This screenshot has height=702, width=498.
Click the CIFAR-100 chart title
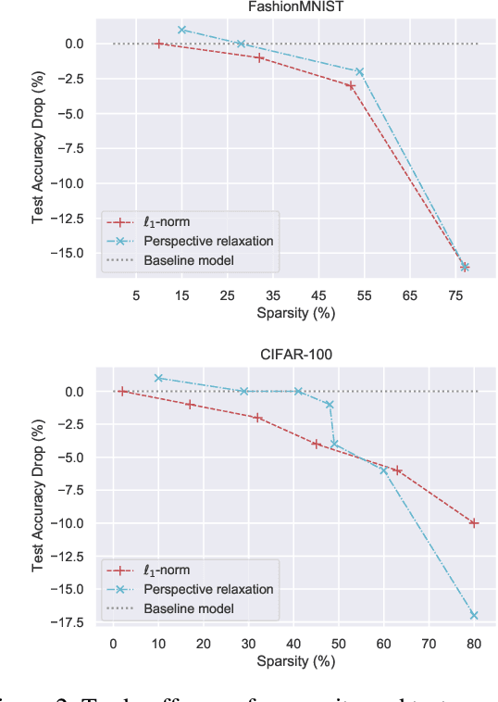296,355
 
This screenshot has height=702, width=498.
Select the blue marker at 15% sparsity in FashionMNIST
182,30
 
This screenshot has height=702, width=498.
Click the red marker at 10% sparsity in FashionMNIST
159,44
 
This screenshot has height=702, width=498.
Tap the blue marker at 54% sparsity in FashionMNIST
360,71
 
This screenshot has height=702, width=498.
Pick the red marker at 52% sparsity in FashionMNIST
351,85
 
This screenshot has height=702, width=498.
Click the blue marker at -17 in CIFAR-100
474,615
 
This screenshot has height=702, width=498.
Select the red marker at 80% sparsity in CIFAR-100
474,523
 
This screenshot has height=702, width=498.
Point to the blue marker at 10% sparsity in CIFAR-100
158,378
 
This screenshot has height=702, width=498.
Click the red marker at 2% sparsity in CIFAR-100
122,392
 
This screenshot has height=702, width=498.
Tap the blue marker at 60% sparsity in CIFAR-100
384,470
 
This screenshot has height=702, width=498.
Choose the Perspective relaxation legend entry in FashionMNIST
207,241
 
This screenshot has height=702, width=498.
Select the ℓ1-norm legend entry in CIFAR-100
167,570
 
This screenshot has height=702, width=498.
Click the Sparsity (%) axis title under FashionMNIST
296,313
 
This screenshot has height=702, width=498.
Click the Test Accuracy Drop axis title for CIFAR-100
39,495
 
